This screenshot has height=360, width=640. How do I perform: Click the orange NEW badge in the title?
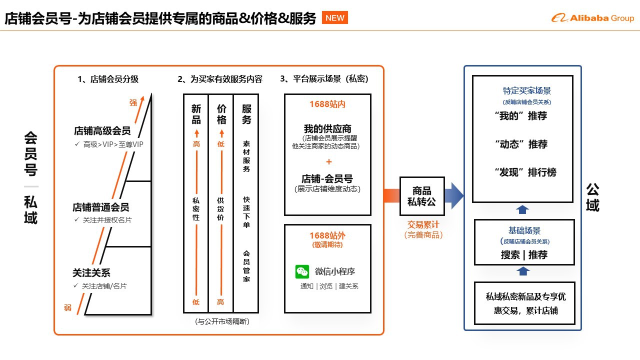click(335, 18)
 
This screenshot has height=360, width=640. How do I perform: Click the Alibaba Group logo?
click(592, 18)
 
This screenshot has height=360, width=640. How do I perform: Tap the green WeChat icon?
click(302, 271)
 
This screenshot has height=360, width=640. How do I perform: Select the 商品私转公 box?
click(421, 196)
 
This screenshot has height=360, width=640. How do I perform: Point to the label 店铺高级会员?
click(102, 131)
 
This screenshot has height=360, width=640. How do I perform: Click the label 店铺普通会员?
click(101, 207)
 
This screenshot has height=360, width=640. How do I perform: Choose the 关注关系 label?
click(91, 273)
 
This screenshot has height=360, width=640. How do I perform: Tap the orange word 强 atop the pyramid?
click(133, 102)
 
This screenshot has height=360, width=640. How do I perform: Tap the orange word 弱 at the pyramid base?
click(67, 307)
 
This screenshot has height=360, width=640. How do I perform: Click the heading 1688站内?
click(327, 104)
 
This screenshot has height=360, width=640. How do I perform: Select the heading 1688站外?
click(327, 235)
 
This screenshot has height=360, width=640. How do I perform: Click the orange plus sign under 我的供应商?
click(328, 161)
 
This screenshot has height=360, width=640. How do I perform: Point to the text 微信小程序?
click(335, 271)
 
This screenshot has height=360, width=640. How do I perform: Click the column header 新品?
click(196, 114)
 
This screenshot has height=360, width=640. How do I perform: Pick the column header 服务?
click(246, 114)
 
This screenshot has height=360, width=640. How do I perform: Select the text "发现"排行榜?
click(524, 172)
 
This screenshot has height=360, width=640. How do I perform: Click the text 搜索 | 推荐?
click(524, 254)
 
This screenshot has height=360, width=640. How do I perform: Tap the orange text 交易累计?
click(423, 225)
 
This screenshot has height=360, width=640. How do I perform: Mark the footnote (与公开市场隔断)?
click(221, 321)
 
